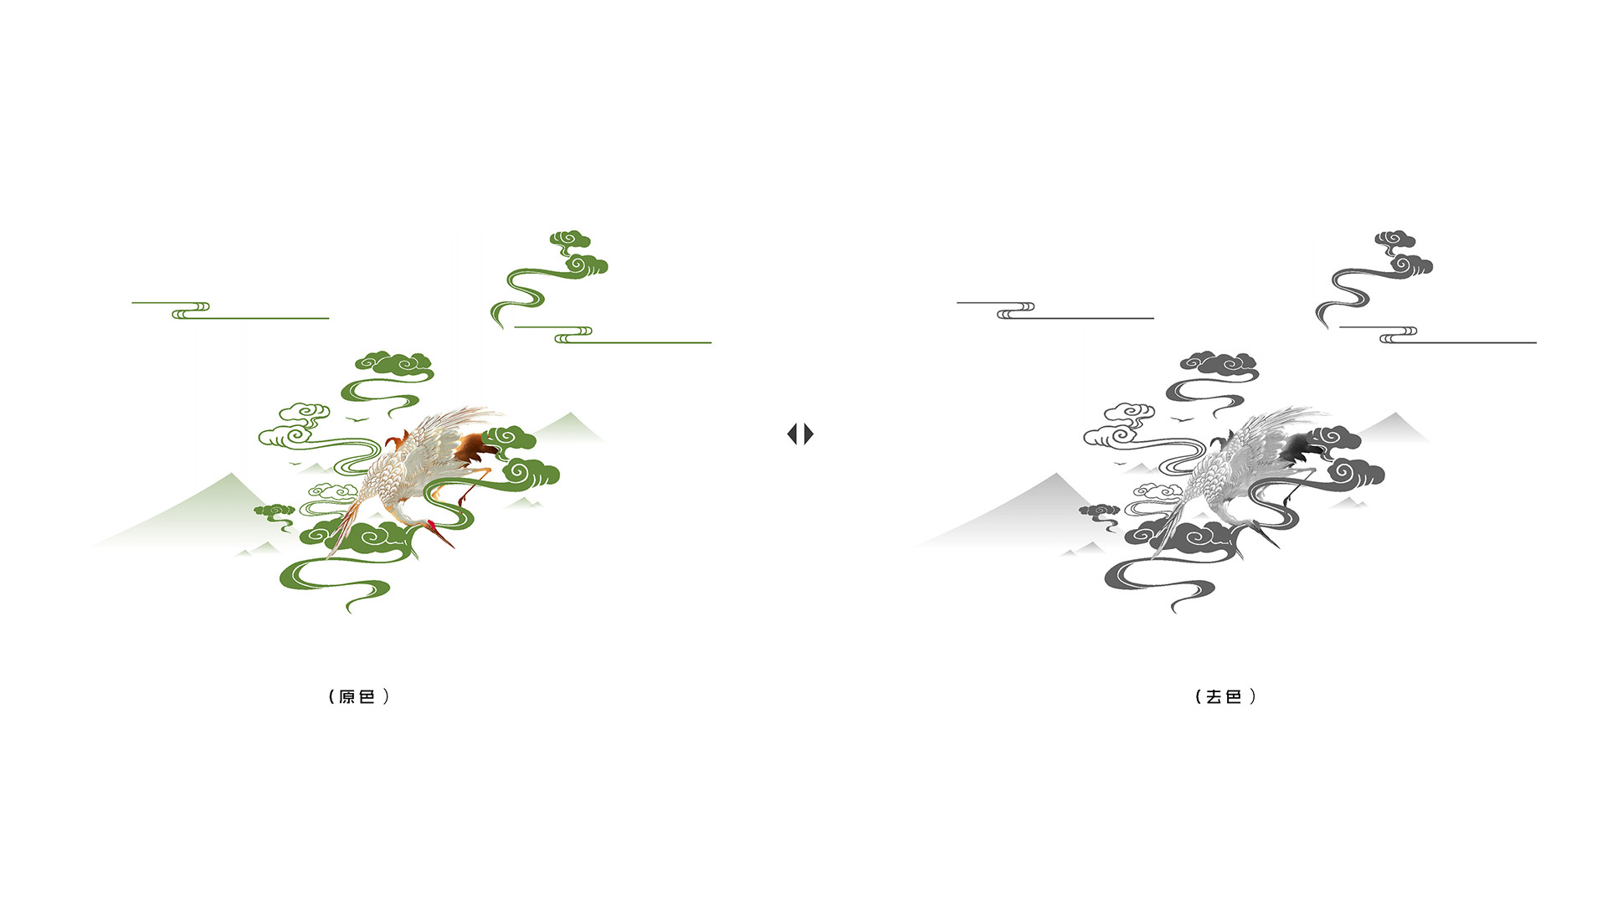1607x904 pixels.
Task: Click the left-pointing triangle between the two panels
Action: coord(793,434)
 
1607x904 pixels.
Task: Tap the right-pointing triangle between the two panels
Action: coord(809,434)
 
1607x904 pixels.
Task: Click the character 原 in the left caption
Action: coord(347,696)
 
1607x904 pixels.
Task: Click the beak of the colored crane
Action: coord(444,538)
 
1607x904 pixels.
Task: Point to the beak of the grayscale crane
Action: coord(1270,538)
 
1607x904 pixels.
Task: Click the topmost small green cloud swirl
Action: coord(570,239)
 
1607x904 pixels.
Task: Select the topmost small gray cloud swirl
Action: coord(1395,239)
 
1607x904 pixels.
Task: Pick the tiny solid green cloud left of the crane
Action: coord(274,510)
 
